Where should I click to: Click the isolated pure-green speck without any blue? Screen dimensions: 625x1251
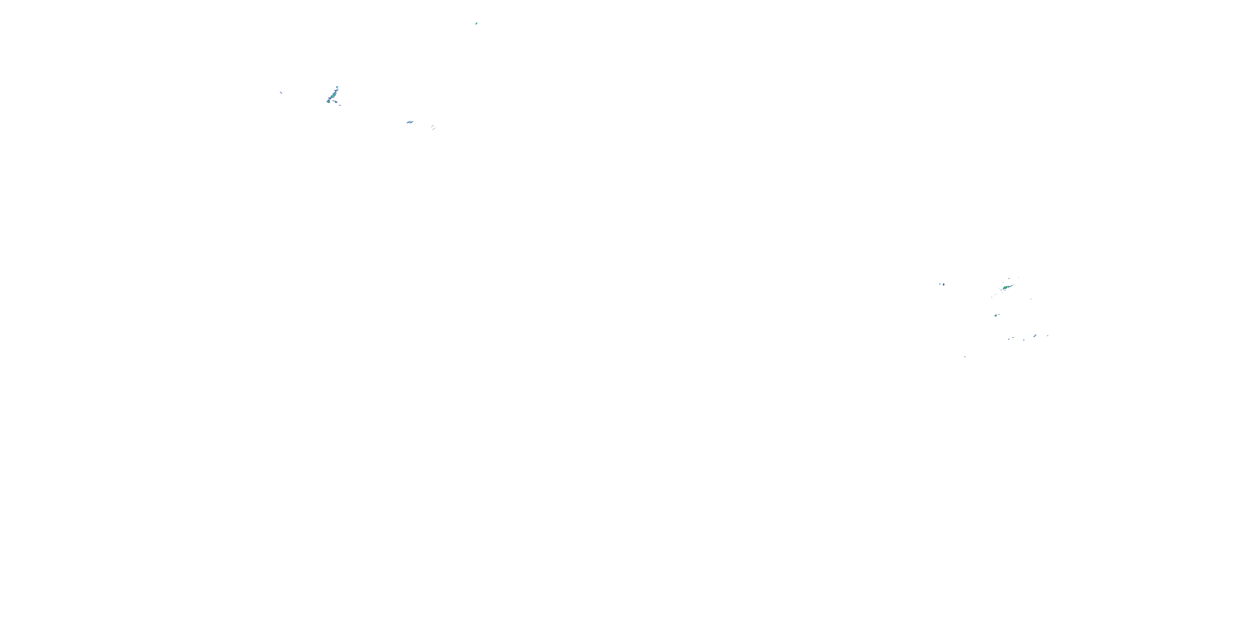tap(476, 23)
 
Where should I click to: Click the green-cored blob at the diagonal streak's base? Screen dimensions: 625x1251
tap(329, 101)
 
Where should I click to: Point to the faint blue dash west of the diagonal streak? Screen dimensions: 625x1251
tap(281, 92)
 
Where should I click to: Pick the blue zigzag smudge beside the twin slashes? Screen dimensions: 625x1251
tap(410, 122)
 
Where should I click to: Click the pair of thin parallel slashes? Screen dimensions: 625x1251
tap(433, 127)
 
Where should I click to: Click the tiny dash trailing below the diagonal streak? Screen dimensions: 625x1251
tap(339, 105)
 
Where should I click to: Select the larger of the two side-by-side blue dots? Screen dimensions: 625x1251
tap(944, 284)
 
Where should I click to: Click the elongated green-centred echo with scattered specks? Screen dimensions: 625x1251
tap(1006, 288)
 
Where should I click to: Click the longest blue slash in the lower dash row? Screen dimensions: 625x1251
tap(1035, 336)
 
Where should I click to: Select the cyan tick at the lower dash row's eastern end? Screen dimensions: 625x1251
tap(1048, 335)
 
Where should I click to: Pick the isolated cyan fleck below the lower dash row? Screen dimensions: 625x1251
tap(965, 357)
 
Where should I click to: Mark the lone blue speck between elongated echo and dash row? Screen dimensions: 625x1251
tap(1031, 299)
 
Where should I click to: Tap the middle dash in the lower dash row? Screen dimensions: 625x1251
tap(1024, 340)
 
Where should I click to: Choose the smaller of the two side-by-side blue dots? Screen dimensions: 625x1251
tap(940, 284)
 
